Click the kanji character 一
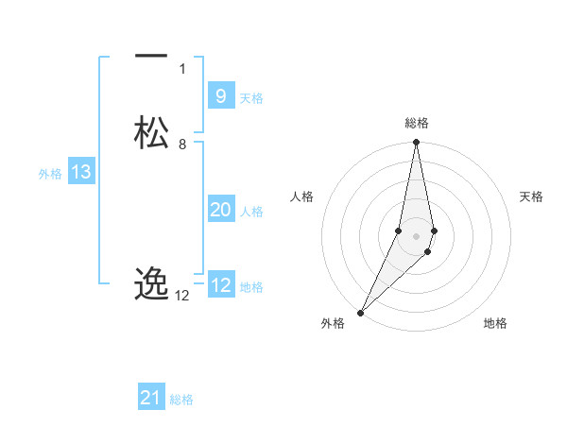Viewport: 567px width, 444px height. point(151,58)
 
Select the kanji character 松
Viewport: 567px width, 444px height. point(151,132)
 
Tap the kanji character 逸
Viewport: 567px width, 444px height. point(151,283)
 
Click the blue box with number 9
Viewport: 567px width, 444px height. point(220,96)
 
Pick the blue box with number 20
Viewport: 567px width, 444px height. point(220,210)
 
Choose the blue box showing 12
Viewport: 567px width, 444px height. point(220,285)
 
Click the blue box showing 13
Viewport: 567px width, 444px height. point(81,172)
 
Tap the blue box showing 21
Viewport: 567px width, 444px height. point(150,398)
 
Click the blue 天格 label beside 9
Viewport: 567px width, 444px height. point(251,98)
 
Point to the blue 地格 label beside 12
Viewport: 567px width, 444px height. point(251,287)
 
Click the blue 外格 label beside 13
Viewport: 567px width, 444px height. point(50,174)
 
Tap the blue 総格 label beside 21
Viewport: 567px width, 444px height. point(181,400)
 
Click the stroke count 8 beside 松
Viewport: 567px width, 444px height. point(182,145)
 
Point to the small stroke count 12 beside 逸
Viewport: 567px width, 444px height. point(182,296)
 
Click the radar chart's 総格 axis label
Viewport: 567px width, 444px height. point(417,123)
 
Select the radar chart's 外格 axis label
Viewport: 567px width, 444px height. point(333,324)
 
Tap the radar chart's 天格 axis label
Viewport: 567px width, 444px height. point(531,196)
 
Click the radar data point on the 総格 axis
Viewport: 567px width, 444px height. point(417,143)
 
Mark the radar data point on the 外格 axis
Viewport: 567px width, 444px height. point(361,312)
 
